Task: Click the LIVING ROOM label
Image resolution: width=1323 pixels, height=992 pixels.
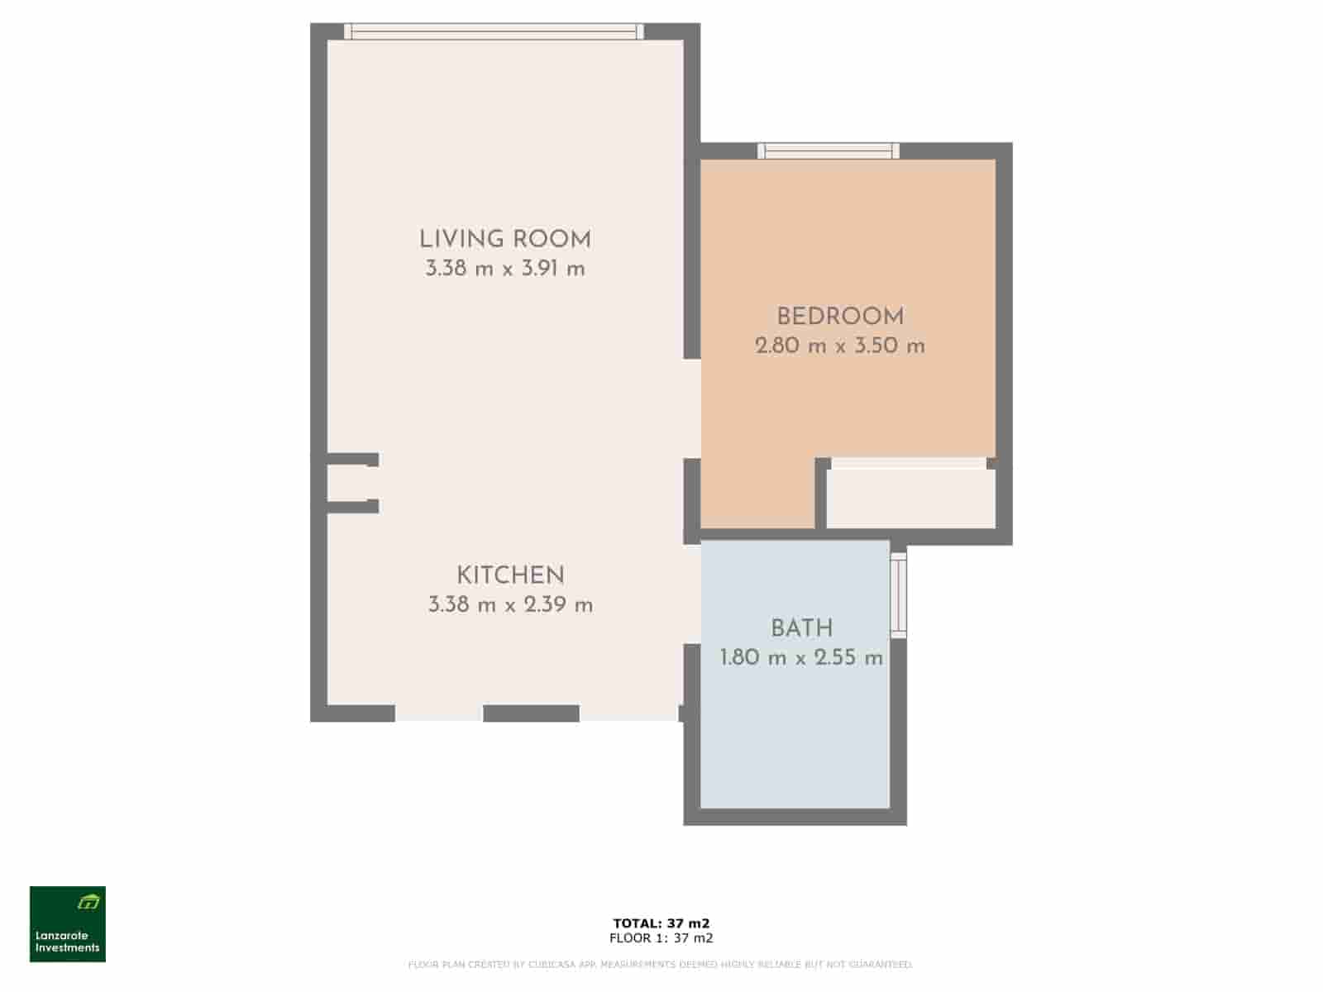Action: pos(504,240)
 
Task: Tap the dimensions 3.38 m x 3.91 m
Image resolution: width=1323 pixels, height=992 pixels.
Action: pos(504,269)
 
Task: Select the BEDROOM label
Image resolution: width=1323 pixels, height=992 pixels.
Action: pos(840,317)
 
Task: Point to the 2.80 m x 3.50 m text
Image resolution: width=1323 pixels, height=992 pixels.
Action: pos(840,346)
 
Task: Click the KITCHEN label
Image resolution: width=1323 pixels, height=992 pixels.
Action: pos(510,575)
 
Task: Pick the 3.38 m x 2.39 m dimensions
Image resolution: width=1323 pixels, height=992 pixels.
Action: pos(510,605)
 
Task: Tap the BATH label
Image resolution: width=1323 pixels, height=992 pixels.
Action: pos(801,629)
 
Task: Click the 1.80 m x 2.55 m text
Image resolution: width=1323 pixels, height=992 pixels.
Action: pos(801,659)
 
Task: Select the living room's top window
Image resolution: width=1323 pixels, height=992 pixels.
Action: pos(494,31)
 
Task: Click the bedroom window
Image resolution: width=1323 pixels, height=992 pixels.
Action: pos(829,150)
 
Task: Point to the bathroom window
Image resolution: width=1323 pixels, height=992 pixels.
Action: pos(898,594)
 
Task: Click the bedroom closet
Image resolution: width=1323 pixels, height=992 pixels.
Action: pos(910,496)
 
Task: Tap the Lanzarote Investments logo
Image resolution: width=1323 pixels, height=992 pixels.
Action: pos(68,924)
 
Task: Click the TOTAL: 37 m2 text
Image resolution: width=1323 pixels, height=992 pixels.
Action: pos(661,923)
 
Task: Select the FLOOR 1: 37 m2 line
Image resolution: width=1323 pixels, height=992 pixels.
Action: pos(661,938)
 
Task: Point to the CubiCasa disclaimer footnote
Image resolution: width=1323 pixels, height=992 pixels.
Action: pos(661,965)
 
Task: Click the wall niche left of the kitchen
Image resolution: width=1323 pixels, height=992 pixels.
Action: pos(346,483)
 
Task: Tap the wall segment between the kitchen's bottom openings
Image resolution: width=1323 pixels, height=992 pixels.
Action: pos(531,713)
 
